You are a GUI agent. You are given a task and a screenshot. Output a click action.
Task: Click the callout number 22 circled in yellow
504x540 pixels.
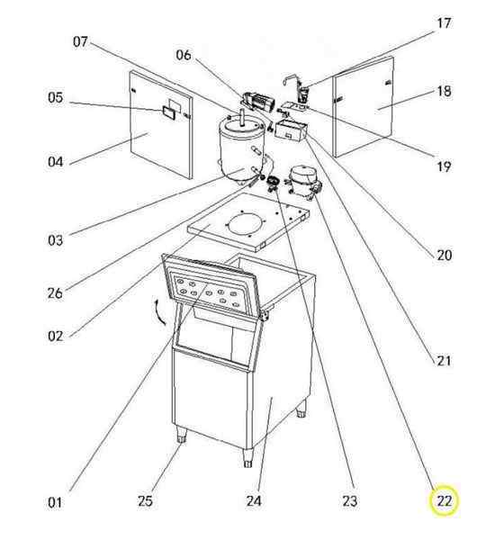tap(444, 500)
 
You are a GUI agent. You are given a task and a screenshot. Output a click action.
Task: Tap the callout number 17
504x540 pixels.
tap(444, 23)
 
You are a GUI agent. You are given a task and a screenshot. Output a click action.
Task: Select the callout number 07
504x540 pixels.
tap(80, 41)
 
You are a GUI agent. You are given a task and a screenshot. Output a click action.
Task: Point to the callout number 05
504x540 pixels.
tap(56, 97)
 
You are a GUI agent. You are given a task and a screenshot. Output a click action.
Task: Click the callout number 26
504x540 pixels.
tap(55, 293)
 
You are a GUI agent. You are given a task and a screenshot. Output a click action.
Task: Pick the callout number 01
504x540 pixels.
tap(55, 503)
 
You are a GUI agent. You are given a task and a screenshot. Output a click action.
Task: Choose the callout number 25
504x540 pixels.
tap(145, 500)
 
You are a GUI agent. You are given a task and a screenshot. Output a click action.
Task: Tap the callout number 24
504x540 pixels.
tap(254, 500)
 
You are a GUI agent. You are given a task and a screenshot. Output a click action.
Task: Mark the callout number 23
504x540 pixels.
tap(350, 500)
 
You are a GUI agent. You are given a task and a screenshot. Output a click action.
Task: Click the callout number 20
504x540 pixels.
tap(444, 256)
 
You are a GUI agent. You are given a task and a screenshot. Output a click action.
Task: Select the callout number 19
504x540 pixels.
tap(444, 166)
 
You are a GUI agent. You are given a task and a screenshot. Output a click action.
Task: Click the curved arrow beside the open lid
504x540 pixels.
tap(159, 311)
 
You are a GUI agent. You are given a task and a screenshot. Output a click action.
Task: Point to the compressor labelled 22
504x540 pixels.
tap(303, 181)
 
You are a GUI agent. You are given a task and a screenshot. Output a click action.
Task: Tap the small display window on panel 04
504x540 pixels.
tap(169, 112)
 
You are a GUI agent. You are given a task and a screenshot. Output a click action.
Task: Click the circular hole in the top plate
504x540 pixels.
tap(247, 224)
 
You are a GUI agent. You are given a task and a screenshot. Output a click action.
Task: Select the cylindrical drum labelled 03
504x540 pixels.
tap(242, 149)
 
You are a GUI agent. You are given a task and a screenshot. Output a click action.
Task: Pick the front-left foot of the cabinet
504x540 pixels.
tap(181, 435)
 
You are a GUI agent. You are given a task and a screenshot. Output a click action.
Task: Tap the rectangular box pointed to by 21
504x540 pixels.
tap(291, 130)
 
